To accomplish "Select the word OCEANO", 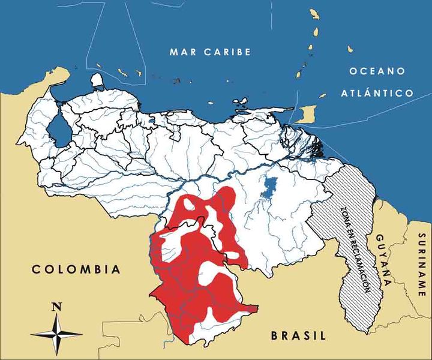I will click(378, 71).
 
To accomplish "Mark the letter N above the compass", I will click(56, 307).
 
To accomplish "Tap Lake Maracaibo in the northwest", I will click(58, 129).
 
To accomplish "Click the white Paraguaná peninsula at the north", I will click(97, 81).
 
